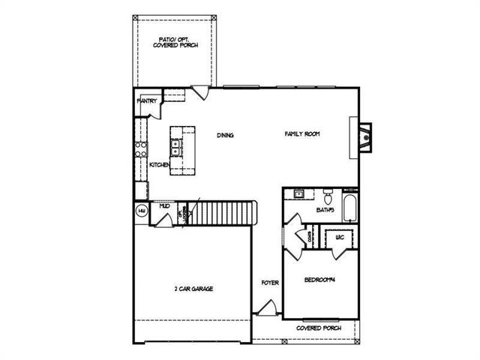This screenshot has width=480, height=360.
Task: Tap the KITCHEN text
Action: click(159, 164)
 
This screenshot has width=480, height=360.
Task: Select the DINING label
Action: click(226, 135)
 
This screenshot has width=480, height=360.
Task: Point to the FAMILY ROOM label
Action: click(302, 133)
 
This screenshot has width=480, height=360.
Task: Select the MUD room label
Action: click(164, 205)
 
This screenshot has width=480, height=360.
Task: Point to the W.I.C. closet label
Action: click(340, 237)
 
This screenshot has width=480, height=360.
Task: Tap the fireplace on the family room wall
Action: click(362, 136)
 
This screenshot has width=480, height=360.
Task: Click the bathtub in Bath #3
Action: click(350, 208)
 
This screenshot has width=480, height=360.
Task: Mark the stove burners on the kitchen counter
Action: click(139, 150)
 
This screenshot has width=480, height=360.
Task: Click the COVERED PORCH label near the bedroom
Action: click(319, 328)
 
